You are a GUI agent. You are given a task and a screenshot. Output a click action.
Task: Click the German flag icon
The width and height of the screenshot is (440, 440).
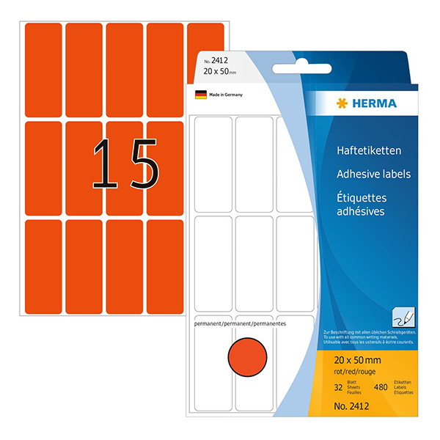[199, 95]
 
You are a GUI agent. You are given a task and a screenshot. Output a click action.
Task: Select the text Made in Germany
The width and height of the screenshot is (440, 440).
[225, 95]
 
